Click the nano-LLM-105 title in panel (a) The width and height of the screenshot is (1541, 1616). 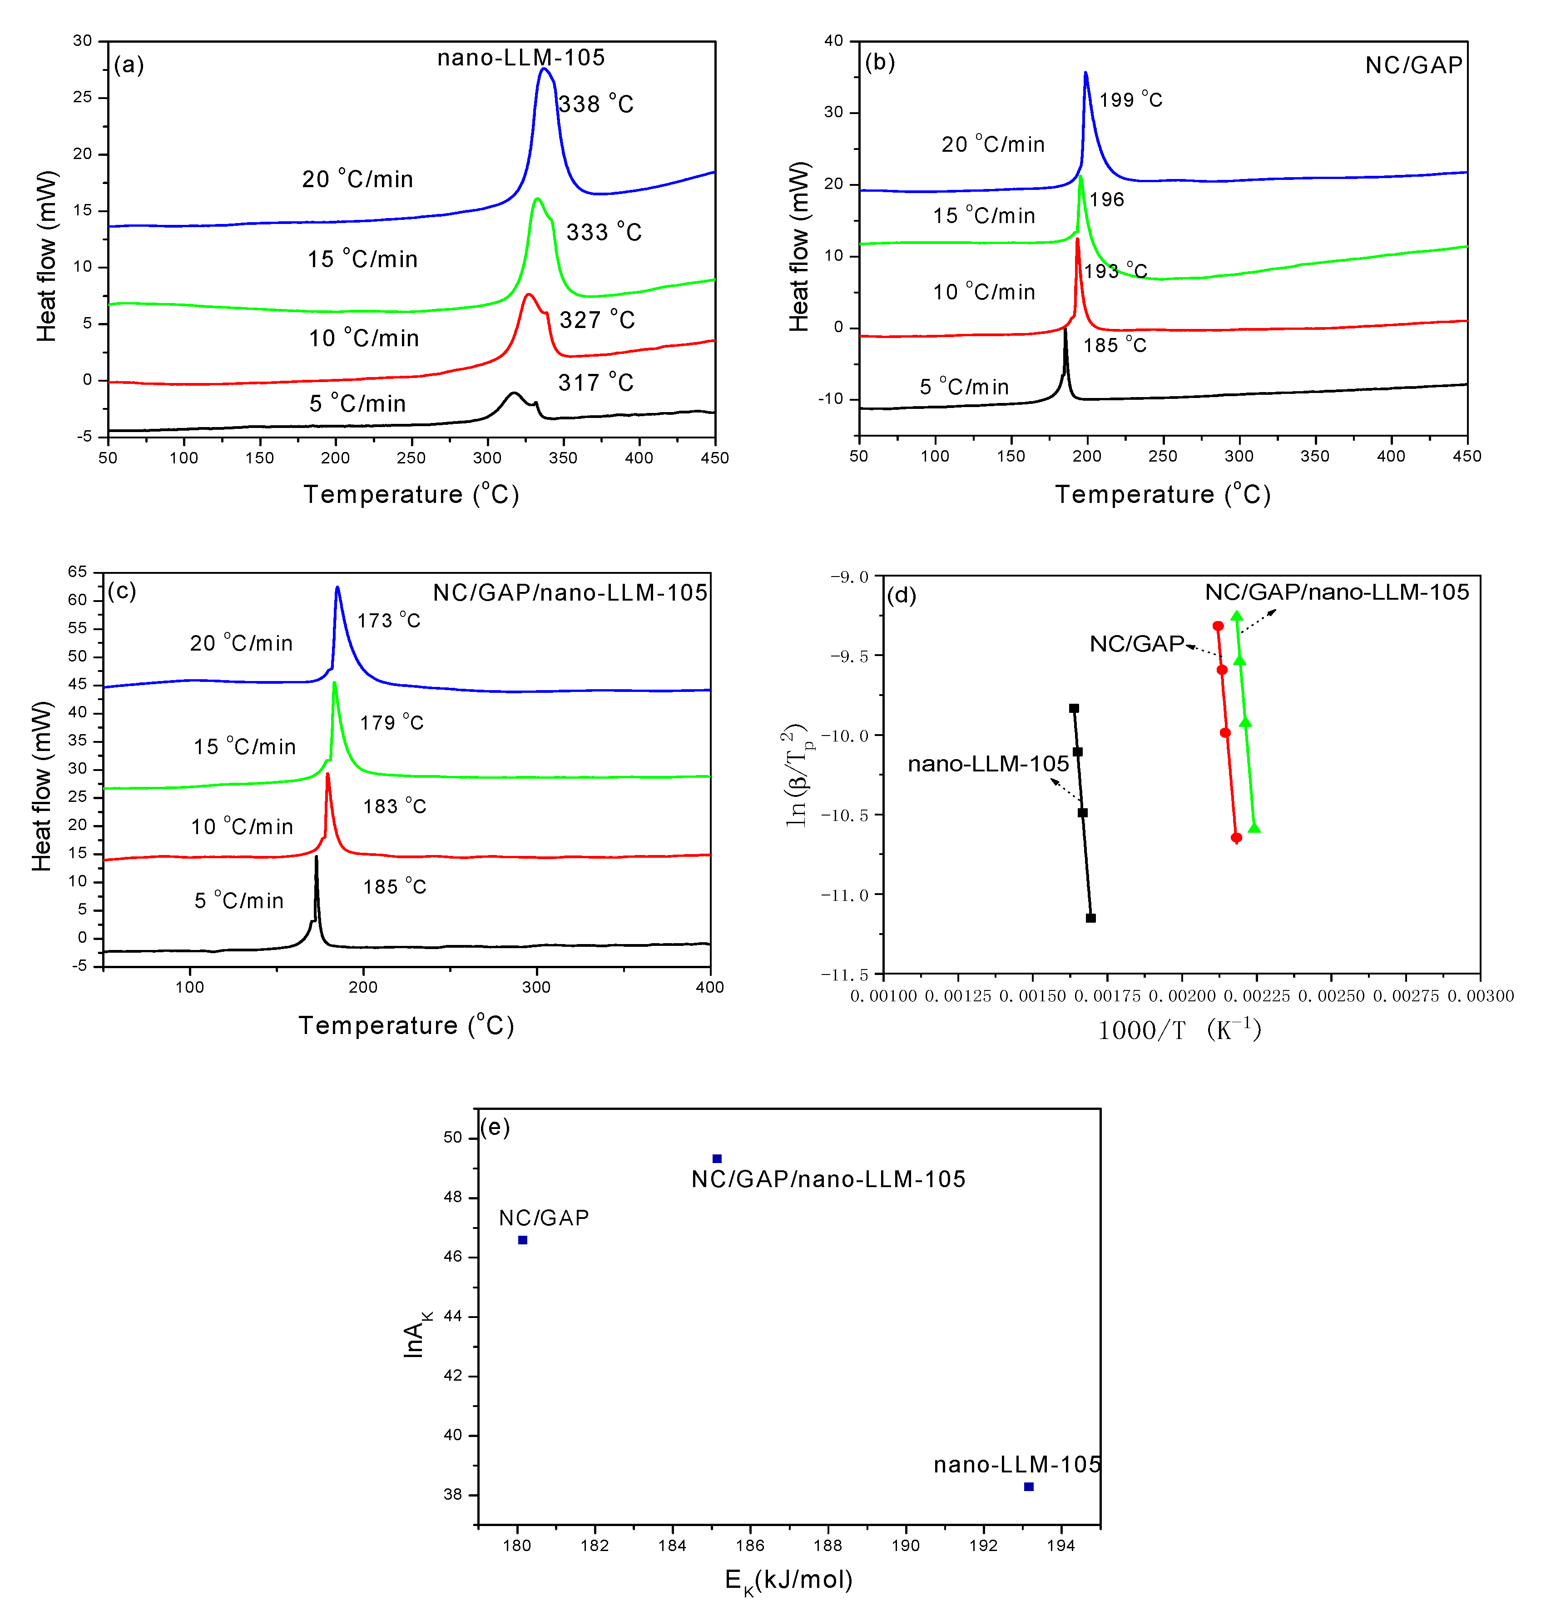pos(521,58)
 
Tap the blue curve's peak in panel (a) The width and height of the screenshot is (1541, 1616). pos(544,69)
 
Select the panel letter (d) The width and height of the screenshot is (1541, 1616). pos(901,595)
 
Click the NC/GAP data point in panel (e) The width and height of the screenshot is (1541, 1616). pos(522,1240)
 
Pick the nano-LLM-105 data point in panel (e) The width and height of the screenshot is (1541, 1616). pos(1028,1486)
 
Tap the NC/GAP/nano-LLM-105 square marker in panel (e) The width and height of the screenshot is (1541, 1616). pos(716,1159)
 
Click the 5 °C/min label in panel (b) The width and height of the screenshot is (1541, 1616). pos(964,387)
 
